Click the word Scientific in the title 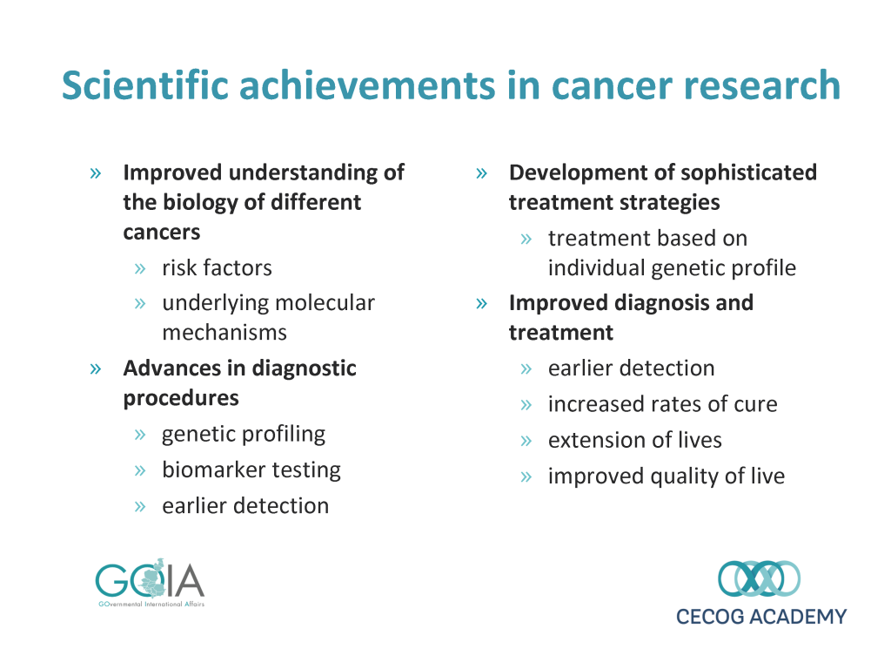tap(146, 85)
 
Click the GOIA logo tap(150, 583)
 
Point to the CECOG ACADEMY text tap(761, 617)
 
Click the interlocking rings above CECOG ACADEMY tap(759, 578)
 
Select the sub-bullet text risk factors tap(217, 267)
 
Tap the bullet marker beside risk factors tap(140, 269)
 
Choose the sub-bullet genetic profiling tap(244, 435)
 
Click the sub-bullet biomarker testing tap(251, 470)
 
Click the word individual tap(597, 267)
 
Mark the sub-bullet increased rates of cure tap(662, 404)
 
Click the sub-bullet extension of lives tap(634, 440)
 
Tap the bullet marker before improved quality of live tap(526, 476)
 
